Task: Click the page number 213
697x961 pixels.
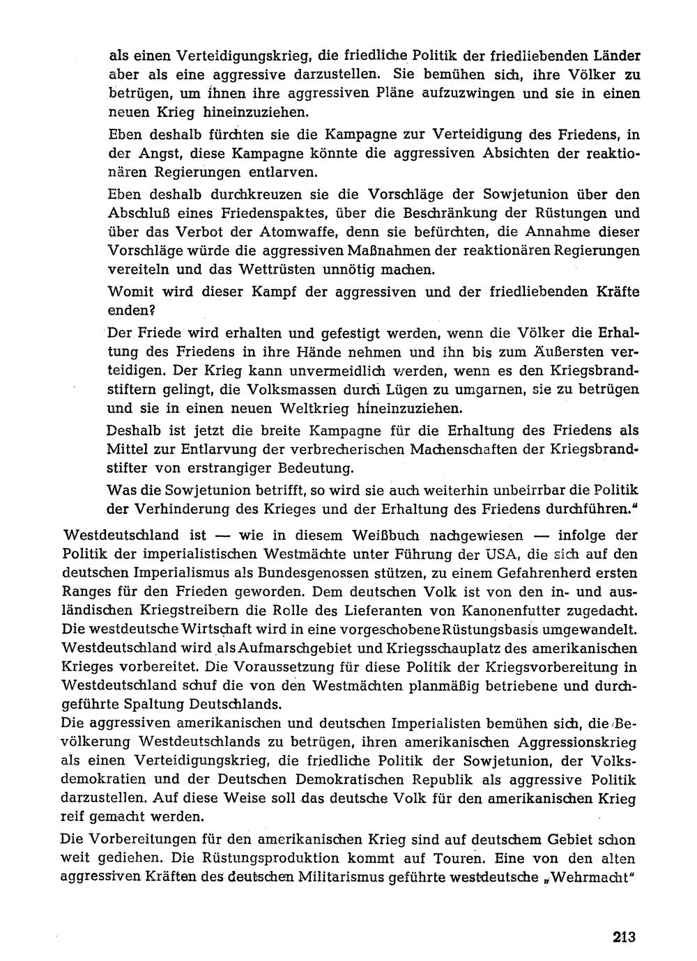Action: pyautogui.click(x=625, y=937)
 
